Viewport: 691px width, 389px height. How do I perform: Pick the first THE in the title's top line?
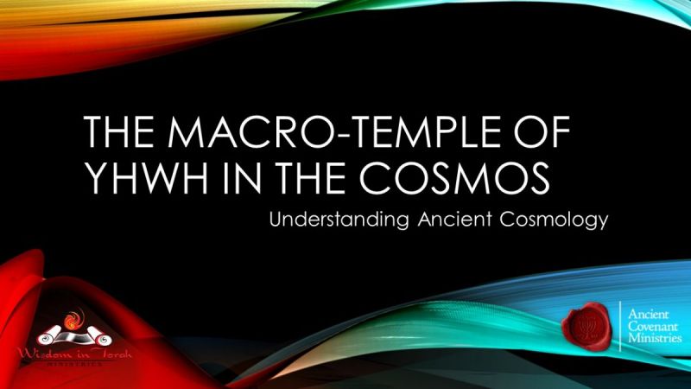coord(120,135)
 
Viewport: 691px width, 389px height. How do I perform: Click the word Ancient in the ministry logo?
coord(651,312)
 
